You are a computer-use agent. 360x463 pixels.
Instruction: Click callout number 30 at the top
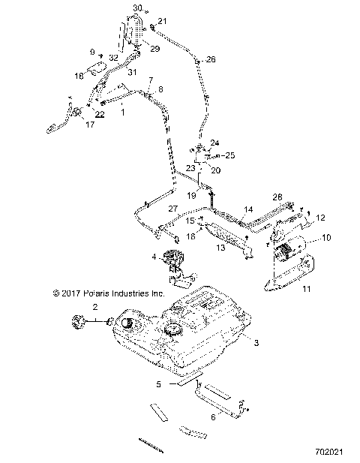136,8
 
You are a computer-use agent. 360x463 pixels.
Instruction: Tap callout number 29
155,49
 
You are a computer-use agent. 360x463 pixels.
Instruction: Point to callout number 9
93,52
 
